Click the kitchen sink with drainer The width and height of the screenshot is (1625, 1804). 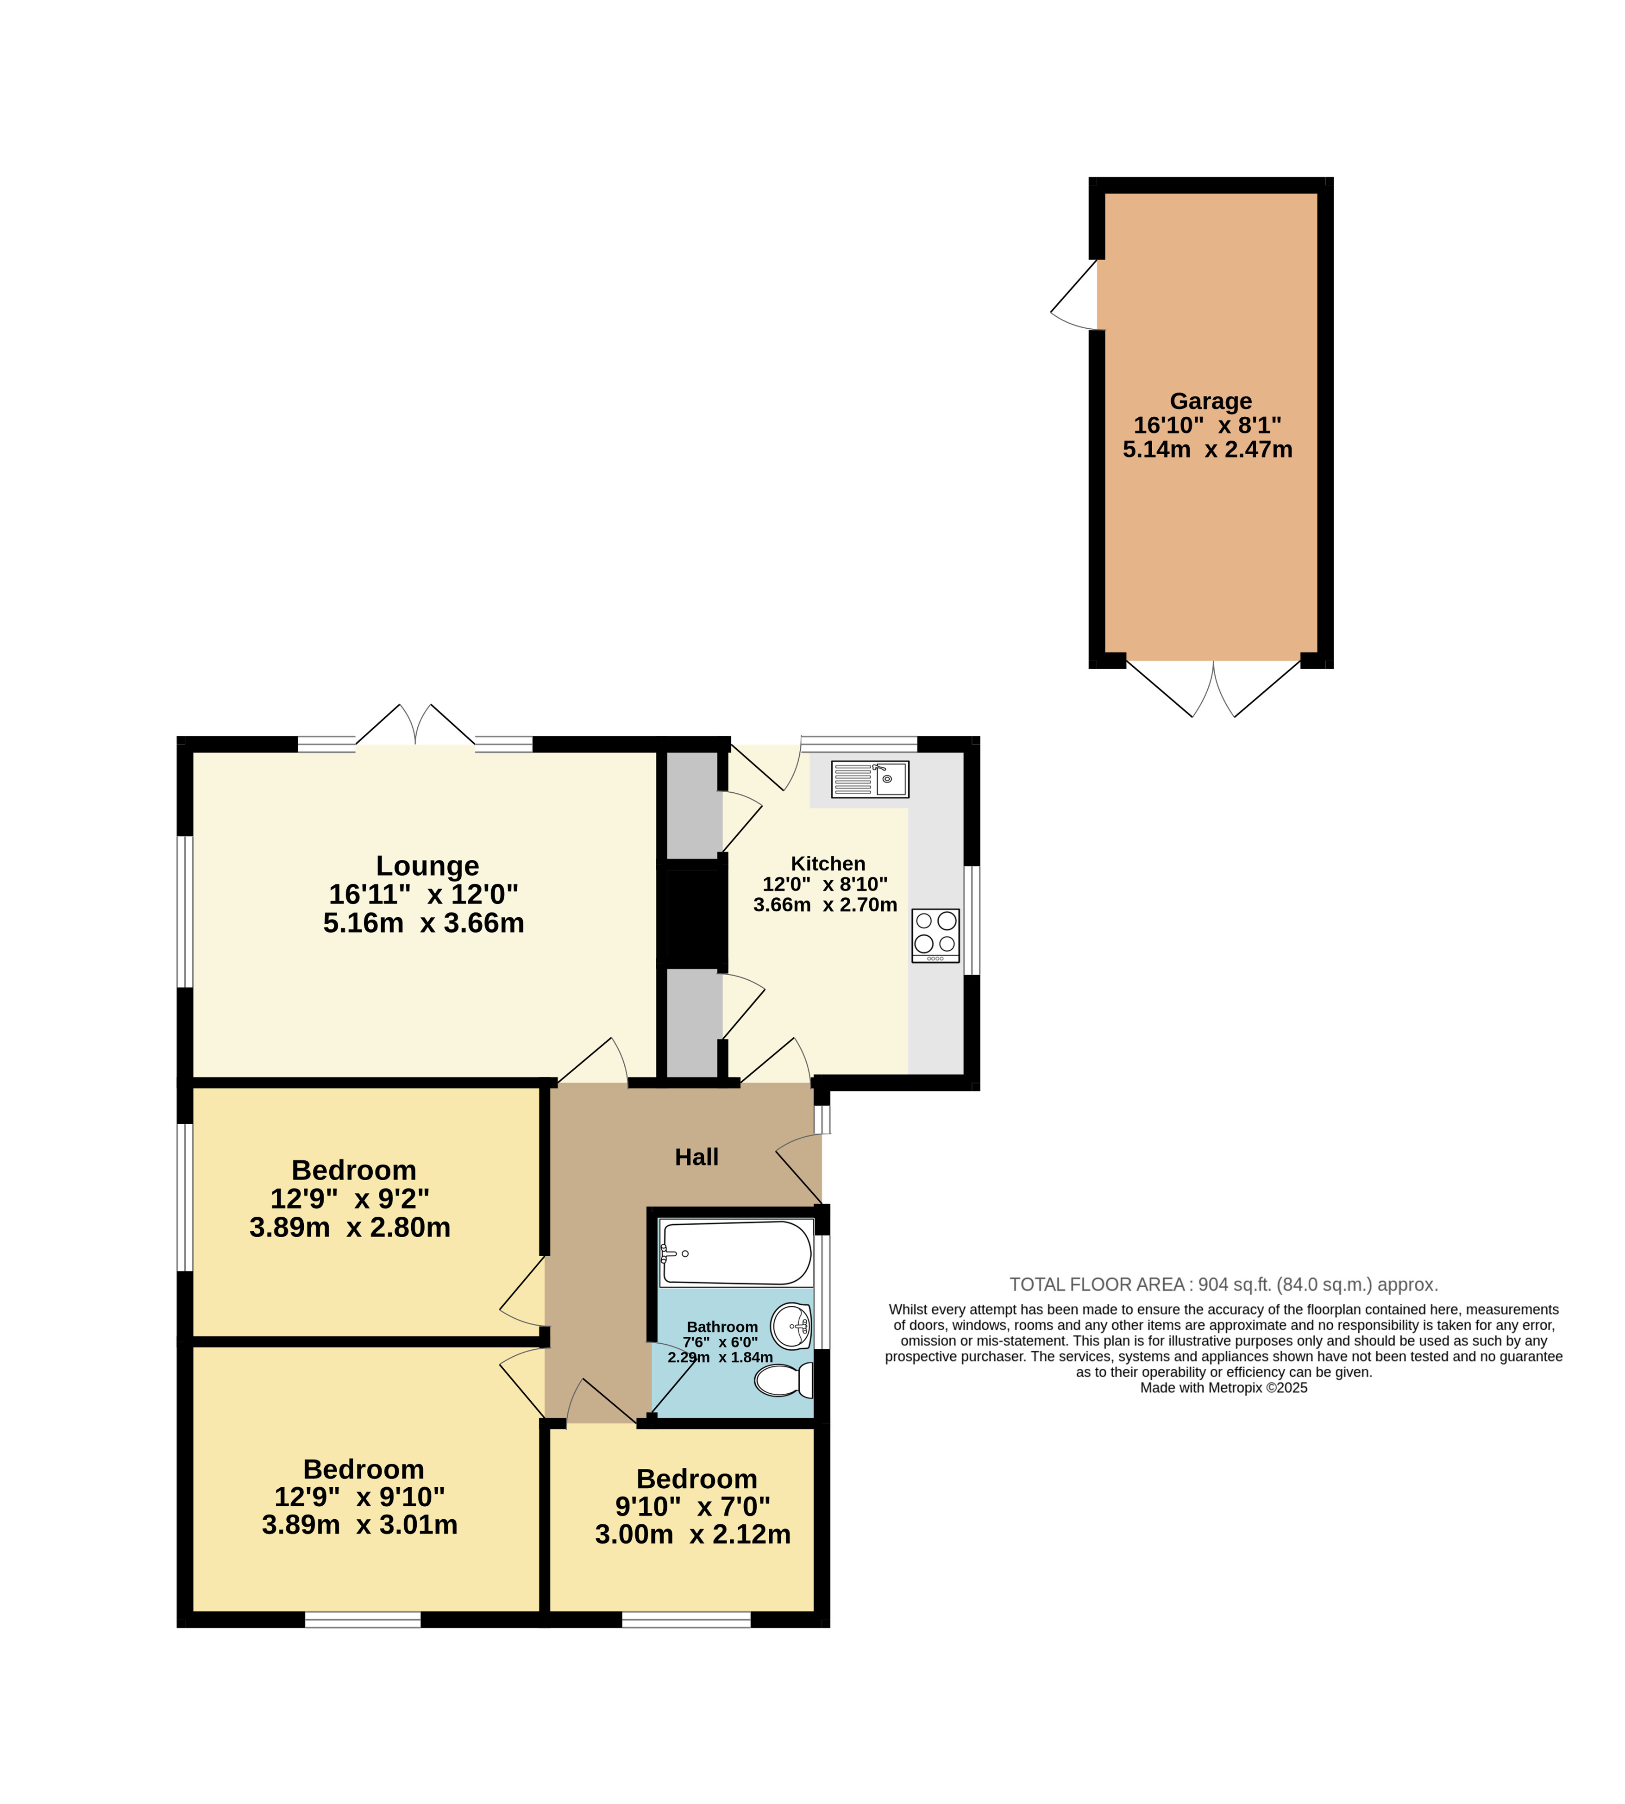(x=870, y=779)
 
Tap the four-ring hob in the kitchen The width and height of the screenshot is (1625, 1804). (x=936, y=935)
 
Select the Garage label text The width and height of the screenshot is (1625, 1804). (x=1211, y=401)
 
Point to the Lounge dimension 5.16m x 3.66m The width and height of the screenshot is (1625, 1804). (x=423, y=923)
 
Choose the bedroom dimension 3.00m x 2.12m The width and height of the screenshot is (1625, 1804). (x=693, y=1535)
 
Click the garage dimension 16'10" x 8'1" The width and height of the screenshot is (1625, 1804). (x=1207, y=426)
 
